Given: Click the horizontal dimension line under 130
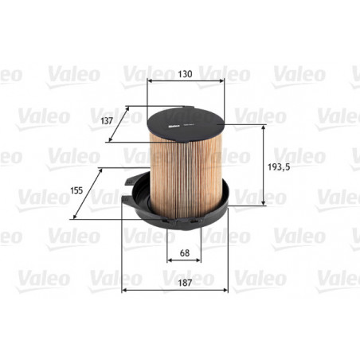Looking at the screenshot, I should (186, 81).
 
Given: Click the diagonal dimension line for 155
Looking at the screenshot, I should (89, 192).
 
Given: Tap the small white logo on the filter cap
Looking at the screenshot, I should (171, 123).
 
